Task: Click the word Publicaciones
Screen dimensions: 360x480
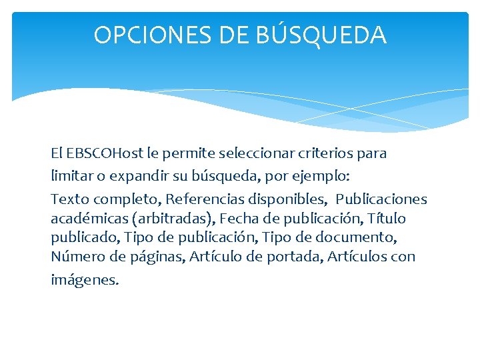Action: point(381,199)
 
